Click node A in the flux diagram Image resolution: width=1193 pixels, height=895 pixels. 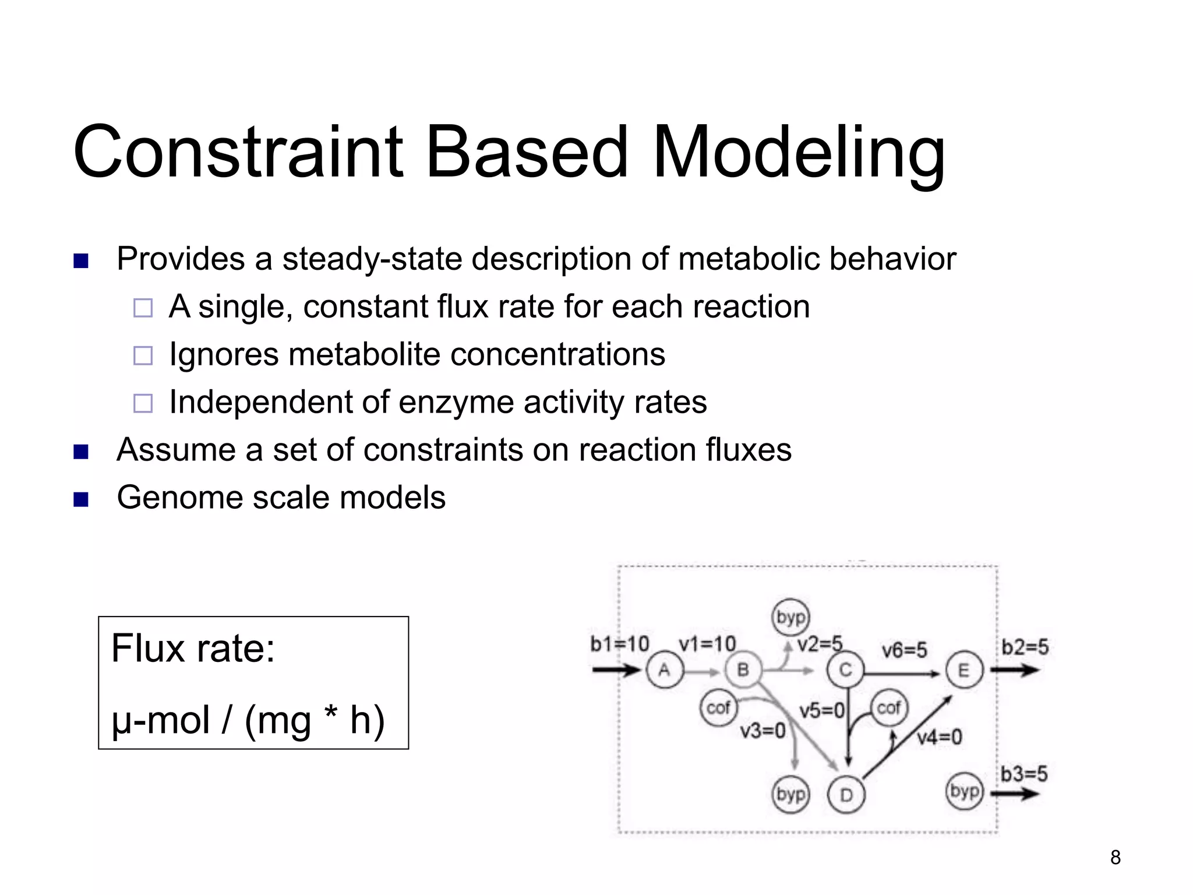[x=664, y=671]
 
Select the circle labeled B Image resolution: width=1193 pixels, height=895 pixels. [x=743, y=670]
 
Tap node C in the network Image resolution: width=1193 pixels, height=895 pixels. [x=845, y=670]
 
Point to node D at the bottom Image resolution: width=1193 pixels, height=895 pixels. [x=846, y=795]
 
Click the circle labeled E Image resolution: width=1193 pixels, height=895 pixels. [x=964, y=670]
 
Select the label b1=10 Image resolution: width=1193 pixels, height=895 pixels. [x=619, y=644]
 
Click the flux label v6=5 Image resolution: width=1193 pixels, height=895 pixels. [x=904, y=650]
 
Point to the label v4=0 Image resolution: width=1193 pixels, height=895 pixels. [x=939, y=738]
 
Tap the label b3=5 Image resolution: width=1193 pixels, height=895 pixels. [x=1024, y=774]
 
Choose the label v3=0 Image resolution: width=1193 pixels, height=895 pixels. [x=763, y=731]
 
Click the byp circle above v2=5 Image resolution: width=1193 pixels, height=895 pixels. [x=790, y=617]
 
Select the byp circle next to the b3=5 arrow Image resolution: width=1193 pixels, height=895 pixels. [x=964, y=791]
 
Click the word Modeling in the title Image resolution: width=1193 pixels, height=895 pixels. [x=798, y=153]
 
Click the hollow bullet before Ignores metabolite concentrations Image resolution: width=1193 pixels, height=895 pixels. [x=143, y=355]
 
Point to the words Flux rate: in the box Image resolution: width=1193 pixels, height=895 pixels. [x=193, y=649]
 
